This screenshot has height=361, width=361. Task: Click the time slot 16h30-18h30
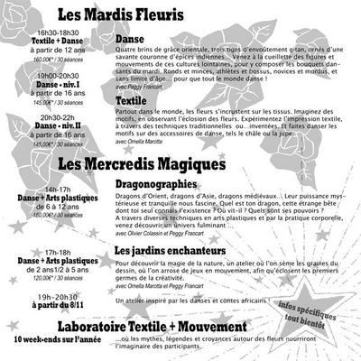(x=39, y=32)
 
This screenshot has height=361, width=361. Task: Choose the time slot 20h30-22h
(x=39, y=118)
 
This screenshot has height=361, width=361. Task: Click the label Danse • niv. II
(x=39, y=127)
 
